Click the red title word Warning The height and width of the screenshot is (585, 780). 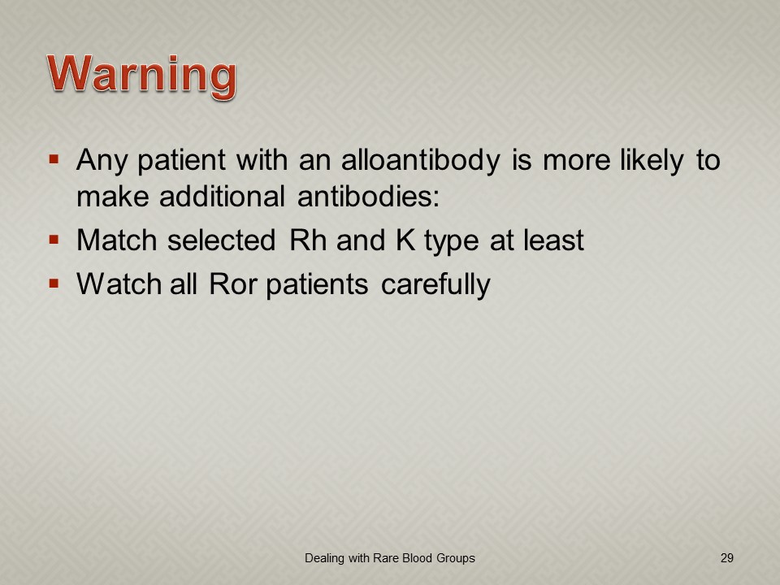click(x=141, y=76)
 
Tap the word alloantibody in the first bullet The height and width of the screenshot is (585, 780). click(x=421, y=161)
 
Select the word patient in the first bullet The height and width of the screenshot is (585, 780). click(x=181, y=161)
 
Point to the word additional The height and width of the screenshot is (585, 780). click(x=222, y=196)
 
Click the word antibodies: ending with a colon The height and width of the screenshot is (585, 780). click(x=369, y=196)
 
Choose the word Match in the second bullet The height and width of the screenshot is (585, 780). click(x=117, y=240)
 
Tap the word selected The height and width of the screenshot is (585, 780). click(x=221, y=240)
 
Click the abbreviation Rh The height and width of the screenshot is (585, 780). click(x=308, y=240)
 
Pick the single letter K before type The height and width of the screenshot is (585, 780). click(x=405, y=240)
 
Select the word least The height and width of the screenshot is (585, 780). click(x=553, y=240)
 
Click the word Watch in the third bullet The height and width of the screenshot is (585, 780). click(x=119, y=284)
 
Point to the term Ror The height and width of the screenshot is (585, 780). click(x=233, y=284)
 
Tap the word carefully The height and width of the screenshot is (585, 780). click(x=435, y=285)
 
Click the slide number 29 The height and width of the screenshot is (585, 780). click(x=726, y=558)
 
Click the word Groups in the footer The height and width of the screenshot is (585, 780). click(x=456, y=559)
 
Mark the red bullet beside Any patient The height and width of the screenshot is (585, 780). click(x=54, y=160)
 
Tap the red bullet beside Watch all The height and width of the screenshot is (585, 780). click(x=54, y=284)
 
